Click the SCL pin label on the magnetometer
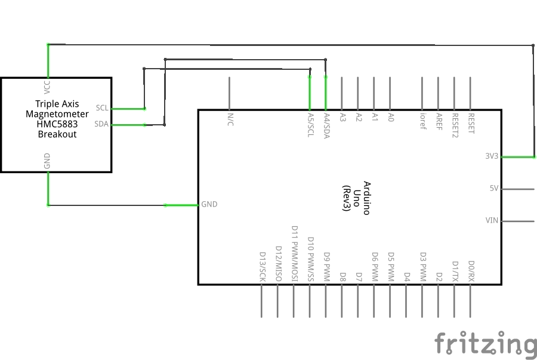(x=102, y=108)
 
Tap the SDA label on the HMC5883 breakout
(x=102, y=124)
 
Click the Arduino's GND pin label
(x=209, y=204)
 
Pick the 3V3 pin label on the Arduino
(x=492, y=156)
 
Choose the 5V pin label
(x=493, y=188)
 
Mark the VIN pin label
(x=492, y=220)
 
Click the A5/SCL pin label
(x=310, y=125)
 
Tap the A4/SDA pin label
(x=326, y=125)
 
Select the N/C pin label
(x=230, y=120)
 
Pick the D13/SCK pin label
(x=262, y=266)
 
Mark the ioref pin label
(x=422, y=121)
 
